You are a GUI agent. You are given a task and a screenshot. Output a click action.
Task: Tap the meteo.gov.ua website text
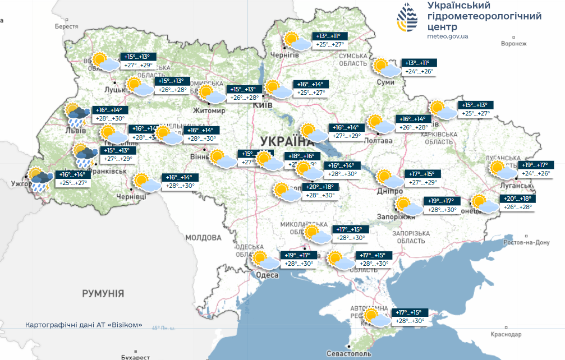click(x=448, y=36)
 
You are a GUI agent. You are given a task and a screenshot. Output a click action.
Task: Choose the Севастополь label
click(x=348, y=354)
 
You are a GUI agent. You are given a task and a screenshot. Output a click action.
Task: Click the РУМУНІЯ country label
click(x=103, y=293)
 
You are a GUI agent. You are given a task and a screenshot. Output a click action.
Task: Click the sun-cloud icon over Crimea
click(x=375, y=317)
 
